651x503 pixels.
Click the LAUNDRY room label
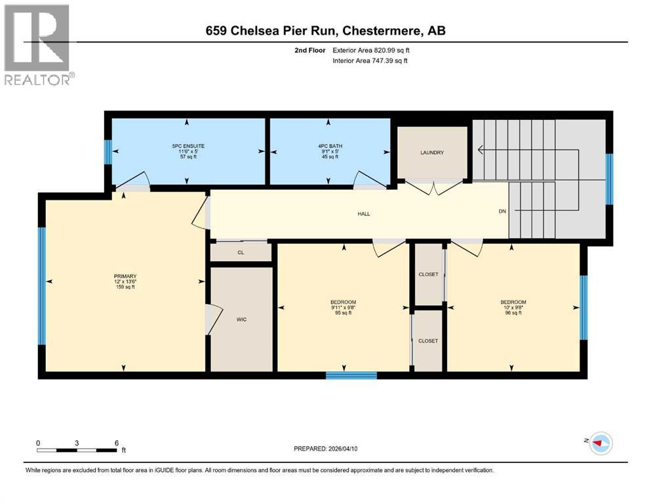(x=432, y=153)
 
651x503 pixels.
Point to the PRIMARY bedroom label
(x=125, y=276)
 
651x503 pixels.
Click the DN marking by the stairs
(x=503, y=211)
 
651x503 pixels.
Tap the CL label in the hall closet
(x=241, y=251)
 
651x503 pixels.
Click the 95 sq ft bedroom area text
(x=344, y=313)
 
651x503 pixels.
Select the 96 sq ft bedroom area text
(x=513, y=313)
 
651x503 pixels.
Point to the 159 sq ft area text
(x=125, y=287)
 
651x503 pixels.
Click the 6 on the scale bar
(x=116, y=443)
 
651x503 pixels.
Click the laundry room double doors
(x=433, y=188)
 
